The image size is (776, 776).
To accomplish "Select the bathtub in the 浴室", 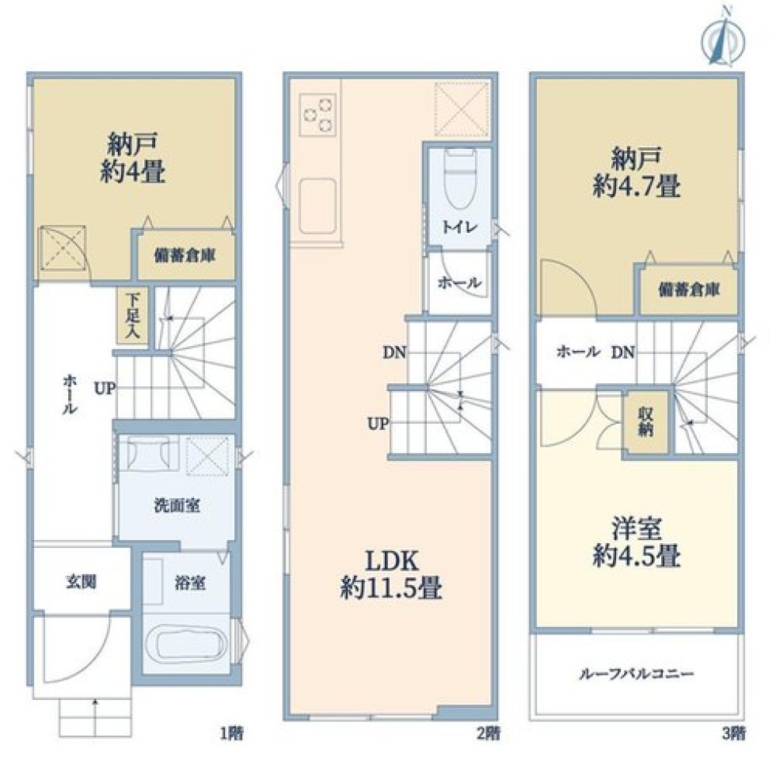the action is coord(188,642).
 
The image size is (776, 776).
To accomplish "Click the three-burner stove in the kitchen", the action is coord(318,115).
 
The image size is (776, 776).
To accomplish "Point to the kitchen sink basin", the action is coord(318,205).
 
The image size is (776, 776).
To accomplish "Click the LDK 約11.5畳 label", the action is coord(391,575).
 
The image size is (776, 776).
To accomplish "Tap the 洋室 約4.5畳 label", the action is coord(637,542).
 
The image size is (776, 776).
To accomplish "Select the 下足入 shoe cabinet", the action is coord(132,316).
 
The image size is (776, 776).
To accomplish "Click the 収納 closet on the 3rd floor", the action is coord(645,421).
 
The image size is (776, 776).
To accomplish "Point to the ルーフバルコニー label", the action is coord(637,674).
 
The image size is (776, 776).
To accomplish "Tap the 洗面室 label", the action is coord(177,505).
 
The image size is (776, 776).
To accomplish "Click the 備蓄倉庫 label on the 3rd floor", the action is coord(689,290).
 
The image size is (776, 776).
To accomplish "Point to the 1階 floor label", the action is coord(231,733).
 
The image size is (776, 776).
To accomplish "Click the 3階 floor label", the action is coord(733,733).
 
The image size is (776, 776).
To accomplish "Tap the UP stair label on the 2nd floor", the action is coord(378,424).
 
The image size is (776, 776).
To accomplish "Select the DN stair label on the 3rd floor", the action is coord(623,352).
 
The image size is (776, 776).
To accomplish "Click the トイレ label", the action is coord(460,227).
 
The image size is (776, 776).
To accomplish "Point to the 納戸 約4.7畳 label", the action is coord(637,173).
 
